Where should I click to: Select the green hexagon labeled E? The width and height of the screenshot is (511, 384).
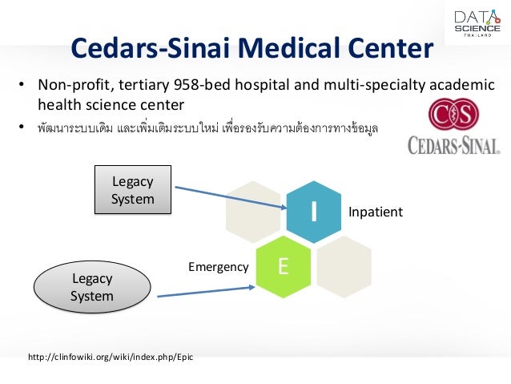pos(283,267)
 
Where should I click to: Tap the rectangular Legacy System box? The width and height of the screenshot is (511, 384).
pos(133,190)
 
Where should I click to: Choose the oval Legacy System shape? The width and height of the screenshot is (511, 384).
pos(92,288)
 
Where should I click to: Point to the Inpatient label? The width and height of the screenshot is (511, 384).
pos(375,212)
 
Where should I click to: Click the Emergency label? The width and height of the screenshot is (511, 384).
pos(218,267)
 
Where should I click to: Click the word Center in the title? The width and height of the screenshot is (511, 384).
pos(387,50)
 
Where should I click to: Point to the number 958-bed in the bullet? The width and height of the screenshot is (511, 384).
pos(245,86)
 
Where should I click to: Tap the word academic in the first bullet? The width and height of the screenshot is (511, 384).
pos(459,86)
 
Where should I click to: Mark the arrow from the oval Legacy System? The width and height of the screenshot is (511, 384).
pos(206,288)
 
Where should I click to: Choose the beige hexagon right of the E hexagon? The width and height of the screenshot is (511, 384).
pos(344,267)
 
